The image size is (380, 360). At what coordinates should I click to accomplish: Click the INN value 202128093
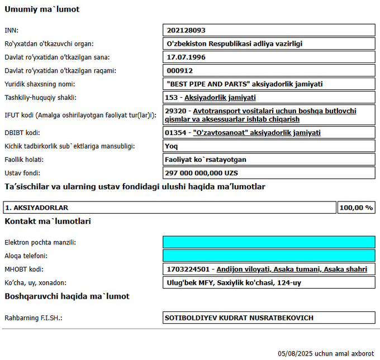tap(190, 30)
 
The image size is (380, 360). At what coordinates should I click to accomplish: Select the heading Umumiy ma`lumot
tap(42, 9)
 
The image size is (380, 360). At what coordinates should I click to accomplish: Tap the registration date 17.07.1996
tap(187, 57)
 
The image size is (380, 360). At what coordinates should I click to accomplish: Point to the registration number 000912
tap(180, 71)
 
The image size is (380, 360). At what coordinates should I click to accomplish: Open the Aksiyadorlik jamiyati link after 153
tap(216, 98)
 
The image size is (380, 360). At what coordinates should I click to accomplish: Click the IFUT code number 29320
tap(175, 111)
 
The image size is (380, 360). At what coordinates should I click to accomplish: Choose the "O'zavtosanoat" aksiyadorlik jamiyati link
tap(256, 133)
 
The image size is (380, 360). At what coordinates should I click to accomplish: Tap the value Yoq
tap(174, 146)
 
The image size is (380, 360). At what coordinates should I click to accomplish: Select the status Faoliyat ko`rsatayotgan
tap(207, 160)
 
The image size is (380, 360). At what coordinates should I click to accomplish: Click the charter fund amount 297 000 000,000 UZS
tap(202, 173)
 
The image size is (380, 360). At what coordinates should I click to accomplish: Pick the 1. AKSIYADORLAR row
tap(37, 208)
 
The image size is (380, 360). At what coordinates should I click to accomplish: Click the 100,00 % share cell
tap(356, 208)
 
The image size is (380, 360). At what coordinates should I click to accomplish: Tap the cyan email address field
tap(269, 242)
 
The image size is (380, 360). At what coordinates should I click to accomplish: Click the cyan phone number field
tap(269, 256)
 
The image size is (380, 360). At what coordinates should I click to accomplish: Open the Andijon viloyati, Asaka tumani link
tap(292, 270)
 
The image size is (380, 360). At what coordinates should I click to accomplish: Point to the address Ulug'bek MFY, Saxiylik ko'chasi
tap(234, 283)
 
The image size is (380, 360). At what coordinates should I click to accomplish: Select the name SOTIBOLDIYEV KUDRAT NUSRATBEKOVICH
tap(239, 318)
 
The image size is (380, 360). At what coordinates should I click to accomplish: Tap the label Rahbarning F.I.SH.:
tap(33, 318)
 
